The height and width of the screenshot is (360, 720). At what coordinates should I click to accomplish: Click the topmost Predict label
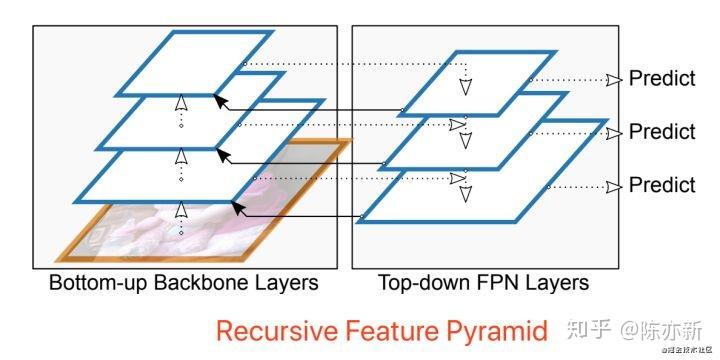[x=661, y=79]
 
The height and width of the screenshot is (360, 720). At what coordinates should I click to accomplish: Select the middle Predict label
[x=661, y=132]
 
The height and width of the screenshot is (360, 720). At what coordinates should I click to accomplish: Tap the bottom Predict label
[x=661, y=185]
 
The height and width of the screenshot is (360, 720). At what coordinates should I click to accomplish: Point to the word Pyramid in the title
[x=501, y=331]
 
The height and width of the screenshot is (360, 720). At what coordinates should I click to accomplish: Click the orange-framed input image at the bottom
[x=120, y=235]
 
